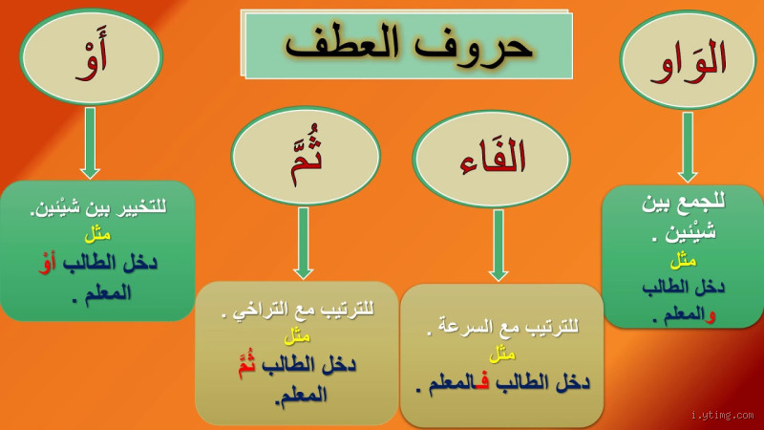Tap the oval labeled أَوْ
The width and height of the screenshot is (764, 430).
[x=91, y=57]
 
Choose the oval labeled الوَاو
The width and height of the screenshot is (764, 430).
[x=688, y=59]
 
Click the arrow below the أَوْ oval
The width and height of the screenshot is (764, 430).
[x=90, y=142]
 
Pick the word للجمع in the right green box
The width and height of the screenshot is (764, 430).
[x=705, y=202]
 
